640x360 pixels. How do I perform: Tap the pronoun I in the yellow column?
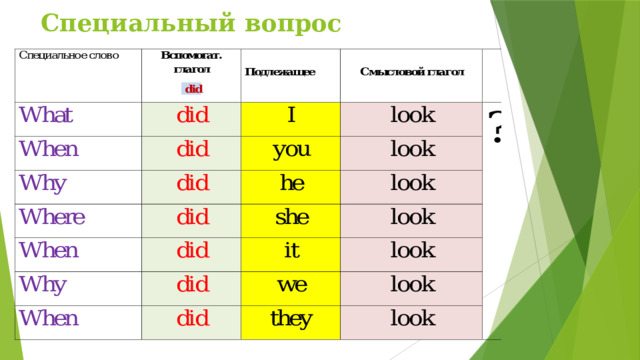pyautogui.click(x=290, y=117)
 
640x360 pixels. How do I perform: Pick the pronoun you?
pyautogui.click(x=290, y=150)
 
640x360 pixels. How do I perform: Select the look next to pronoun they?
pyautogui.click(x=412, y=319)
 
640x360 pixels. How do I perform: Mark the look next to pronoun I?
pyautogui.click(x=412, y=117)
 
